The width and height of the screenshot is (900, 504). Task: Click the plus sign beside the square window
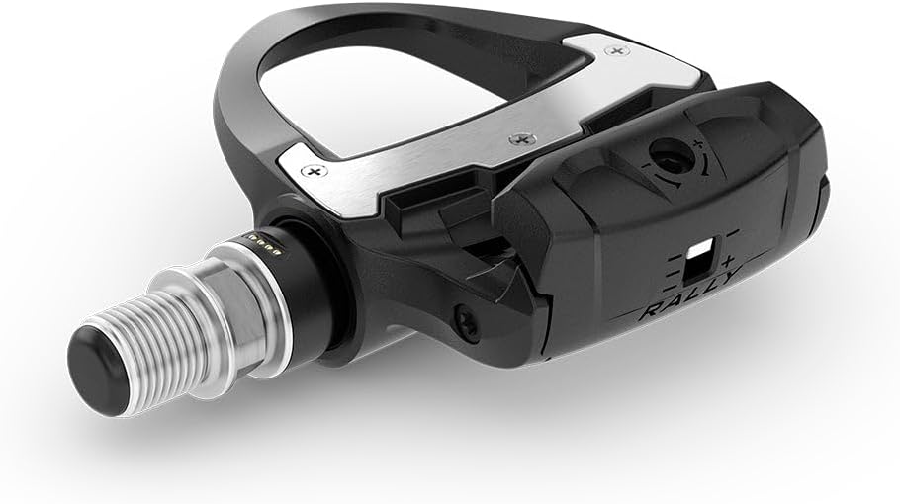coord(729,260)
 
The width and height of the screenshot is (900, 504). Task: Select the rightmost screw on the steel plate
coord(618,48)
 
